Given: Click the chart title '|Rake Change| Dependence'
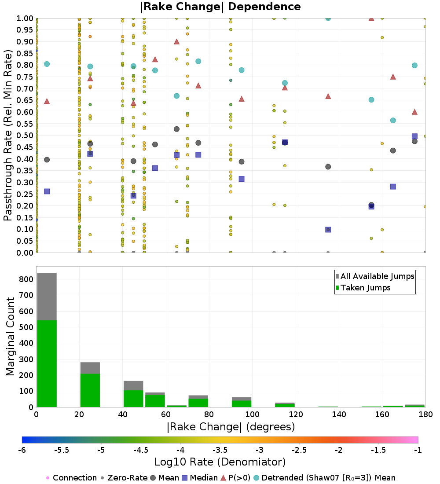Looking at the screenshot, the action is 220,7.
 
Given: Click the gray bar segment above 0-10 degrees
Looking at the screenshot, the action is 47,297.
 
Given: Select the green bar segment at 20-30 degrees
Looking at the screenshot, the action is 90,390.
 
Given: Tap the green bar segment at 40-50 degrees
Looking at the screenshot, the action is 133,399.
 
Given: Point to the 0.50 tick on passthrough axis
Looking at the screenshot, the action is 25,135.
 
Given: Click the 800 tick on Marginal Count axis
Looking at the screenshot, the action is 26,279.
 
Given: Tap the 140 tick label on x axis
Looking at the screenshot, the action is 339,414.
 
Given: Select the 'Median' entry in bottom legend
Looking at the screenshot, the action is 199,478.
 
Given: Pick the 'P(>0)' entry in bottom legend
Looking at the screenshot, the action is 235,478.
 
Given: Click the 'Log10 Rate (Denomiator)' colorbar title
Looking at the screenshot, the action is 220,462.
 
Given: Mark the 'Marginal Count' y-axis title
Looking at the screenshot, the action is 11,337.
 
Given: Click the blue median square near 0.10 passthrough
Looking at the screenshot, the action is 328,230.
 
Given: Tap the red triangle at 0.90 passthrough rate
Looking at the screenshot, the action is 176,41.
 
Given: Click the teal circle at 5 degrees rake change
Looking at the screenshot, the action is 47,64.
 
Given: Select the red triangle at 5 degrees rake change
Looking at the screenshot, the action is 47,101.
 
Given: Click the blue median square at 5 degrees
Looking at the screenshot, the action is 47,191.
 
